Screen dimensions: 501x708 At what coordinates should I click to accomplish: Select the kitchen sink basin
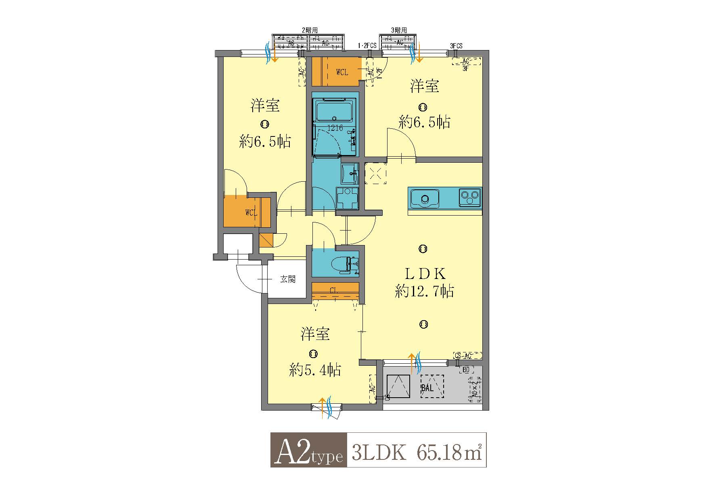click(x=425, y=199)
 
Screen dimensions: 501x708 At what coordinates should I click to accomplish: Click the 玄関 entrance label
click(x=288, y=279)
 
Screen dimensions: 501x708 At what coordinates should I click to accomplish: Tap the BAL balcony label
click(x=427, y=388)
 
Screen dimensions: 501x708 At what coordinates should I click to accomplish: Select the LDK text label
click(x=425, y=274)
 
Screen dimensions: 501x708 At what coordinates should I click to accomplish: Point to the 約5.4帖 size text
click(x=315, y=369)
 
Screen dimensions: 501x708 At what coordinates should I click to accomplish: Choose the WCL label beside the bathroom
click(x=342, y=73)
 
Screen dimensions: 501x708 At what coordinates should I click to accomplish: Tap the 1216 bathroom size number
click(x=335, y=128)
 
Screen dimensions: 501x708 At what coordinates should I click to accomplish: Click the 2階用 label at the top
click(x=310, y=30)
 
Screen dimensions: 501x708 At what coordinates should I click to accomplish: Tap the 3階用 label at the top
click(x=398, y=30)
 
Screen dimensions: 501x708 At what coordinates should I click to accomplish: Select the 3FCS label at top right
click(x=456, y=46)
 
